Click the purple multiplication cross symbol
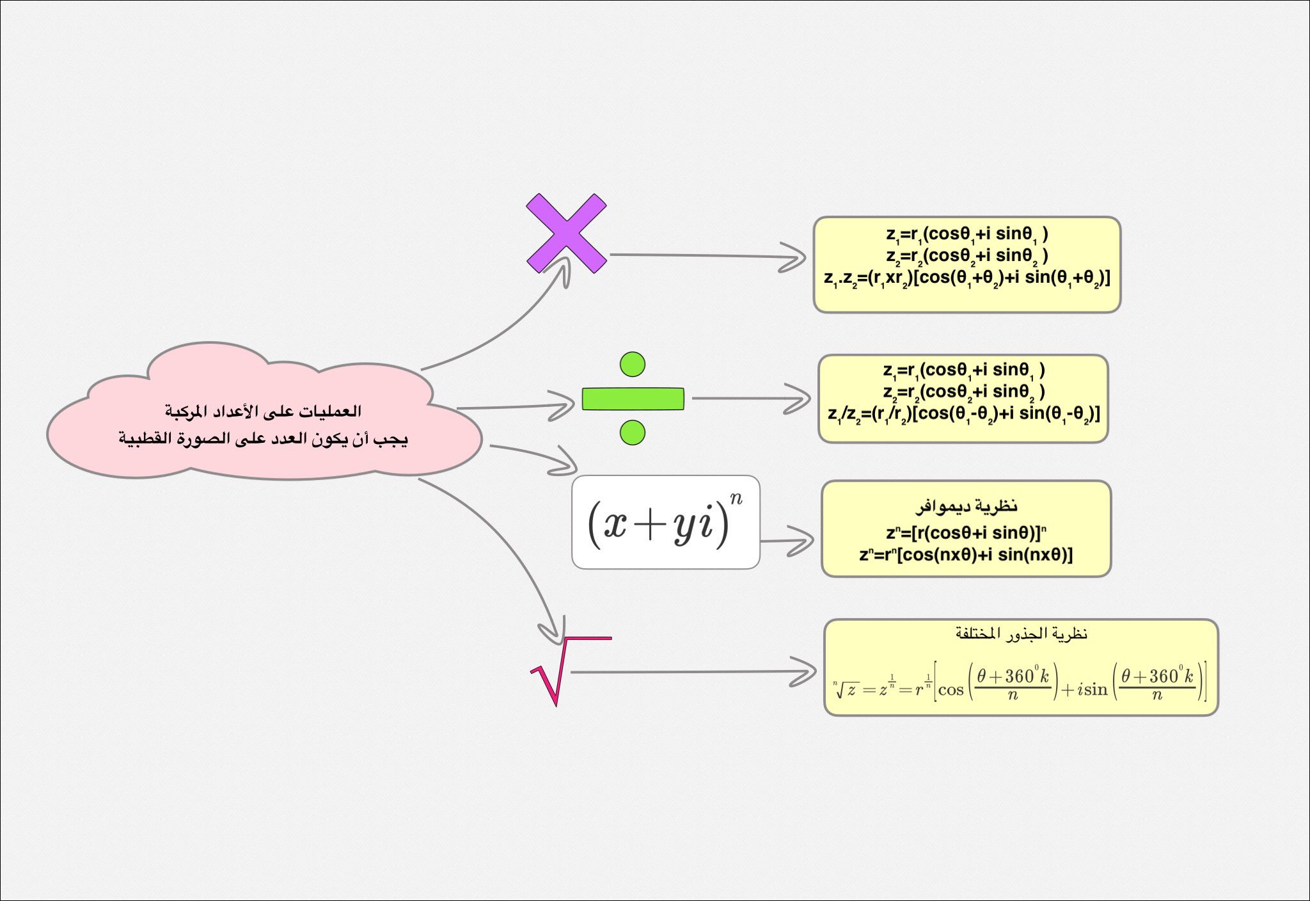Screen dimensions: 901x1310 (566, 234)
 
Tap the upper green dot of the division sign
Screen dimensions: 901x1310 (633, 364)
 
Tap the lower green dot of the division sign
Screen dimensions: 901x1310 (633, 433)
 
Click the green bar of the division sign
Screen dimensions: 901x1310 (633, 399)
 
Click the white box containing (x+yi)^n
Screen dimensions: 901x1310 (665, 522)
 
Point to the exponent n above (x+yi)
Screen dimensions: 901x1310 (736, 498)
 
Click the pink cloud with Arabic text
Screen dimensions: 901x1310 (264, 426)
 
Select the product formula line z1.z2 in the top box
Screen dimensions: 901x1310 (967, 280)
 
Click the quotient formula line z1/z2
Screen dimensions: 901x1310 (963, 415)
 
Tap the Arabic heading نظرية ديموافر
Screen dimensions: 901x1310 (966, 507)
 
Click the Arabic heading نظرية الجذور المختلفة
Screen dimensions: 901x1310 (1022, 634)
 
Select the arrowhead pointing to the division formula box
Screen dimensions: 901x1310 (800, 399)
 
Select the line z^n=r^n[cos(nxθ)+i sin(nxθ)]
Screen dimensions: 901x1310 (966, 554)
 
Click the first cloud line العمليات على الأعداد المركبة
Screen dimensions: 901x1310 (264, 411)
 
